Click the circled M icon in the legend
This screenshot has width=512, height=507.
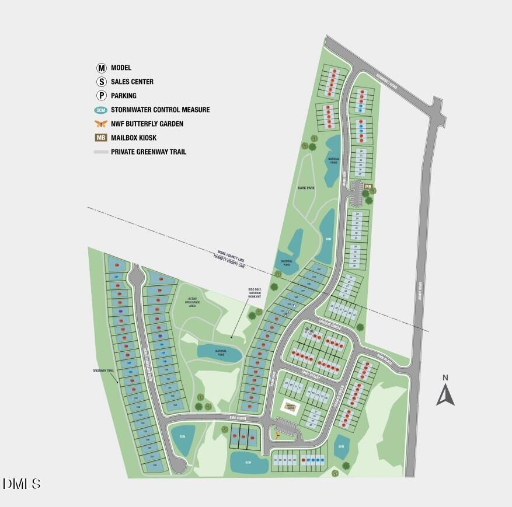[102, 68]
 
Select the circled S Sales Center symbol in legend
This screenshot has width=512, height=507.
[102, 82]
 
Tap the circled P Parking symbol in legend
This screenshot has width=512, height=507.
[102, 96]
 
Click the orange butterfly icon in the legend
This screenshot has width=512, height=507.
[102, 124]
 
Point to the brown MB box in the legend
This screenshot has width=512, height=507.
[102, 138]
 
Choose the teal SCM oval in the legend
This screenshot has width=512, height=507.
[102, 110]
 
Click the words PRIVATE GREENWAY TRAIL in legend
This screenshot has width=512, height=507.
[148, 152]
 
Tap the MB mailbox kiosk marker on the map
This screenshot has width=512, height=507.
[368, 187]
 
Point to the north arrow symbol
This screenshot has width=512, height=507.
[445, 394]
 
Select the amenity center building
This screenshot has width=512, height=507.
[291, 407]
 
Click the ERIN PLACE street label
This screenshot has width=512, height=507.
[382, 359]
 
